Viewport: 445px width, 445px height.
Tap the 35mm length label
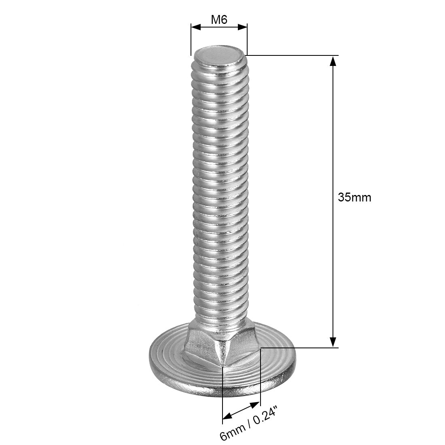[x=354, y=197]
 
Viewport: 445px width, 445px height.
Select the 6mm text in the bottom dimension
[x=229, y=432]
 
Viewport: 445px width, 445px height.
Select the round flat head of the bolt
[x=275, y=364]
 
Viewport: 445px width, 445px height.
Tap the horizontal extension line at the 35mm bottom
[x=299, y=348]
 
